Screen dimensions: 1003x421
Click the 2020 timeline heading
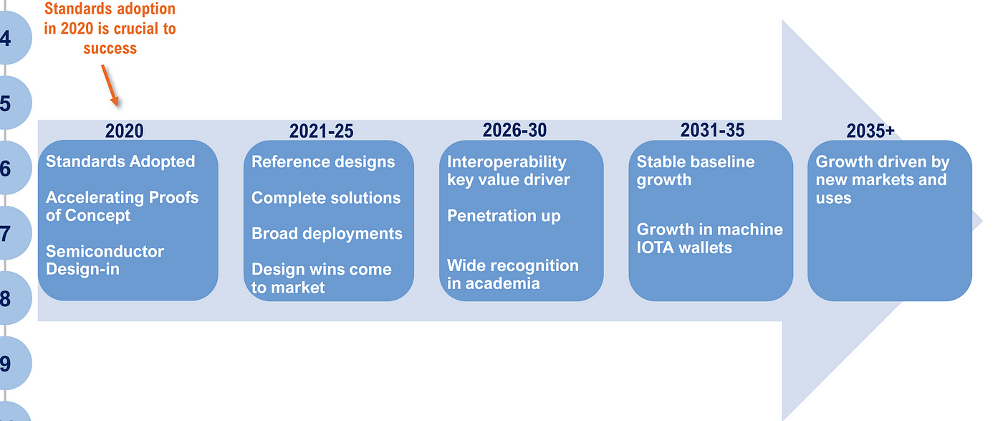point(124,131)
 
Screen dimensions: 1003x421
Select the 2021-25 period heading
point(321,131)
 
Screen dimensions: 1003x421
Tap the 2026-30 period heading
point(514,130)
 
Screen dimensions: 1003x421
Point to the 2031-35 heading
point(712,130)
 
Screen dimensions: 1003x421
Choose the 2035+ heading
point(870,131)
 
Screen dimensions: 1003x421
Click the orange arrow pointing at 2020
point(110,85)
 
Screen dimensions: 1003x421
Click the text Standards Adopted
point(120,161)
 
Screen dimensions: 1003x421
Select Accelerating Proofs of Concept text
point(122,207)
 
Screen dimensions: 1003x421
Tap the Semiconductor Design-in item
point(105,260)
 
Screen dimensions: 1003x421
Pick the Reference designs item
point(323,162)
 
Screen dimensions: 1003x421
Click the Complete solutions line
point(326,198)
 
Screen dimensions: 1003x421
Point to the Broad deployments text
point(327,234)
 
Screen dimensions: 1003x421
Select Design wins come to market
point(322,278)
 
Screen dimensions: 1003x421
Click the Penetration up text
point(504,216)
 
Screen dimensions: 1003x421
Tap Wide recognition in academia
point(513,275)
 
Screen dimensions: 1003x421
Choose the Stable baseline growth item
point(696,171)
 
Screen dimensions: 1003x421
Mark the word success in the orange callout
point(110,49)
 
